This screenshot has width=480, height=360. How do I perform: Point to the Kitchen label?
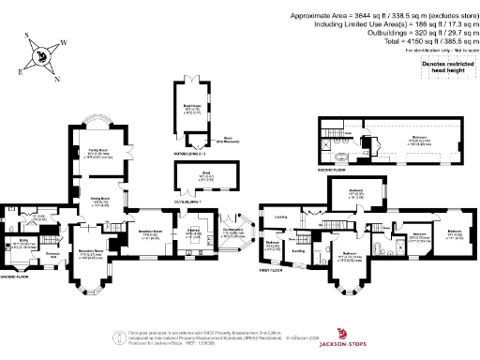pyautogui.click(x=193, y=231)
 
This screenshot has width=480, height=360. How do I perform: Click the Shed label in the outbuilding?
pyautogui.click(x=192, y=174)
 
